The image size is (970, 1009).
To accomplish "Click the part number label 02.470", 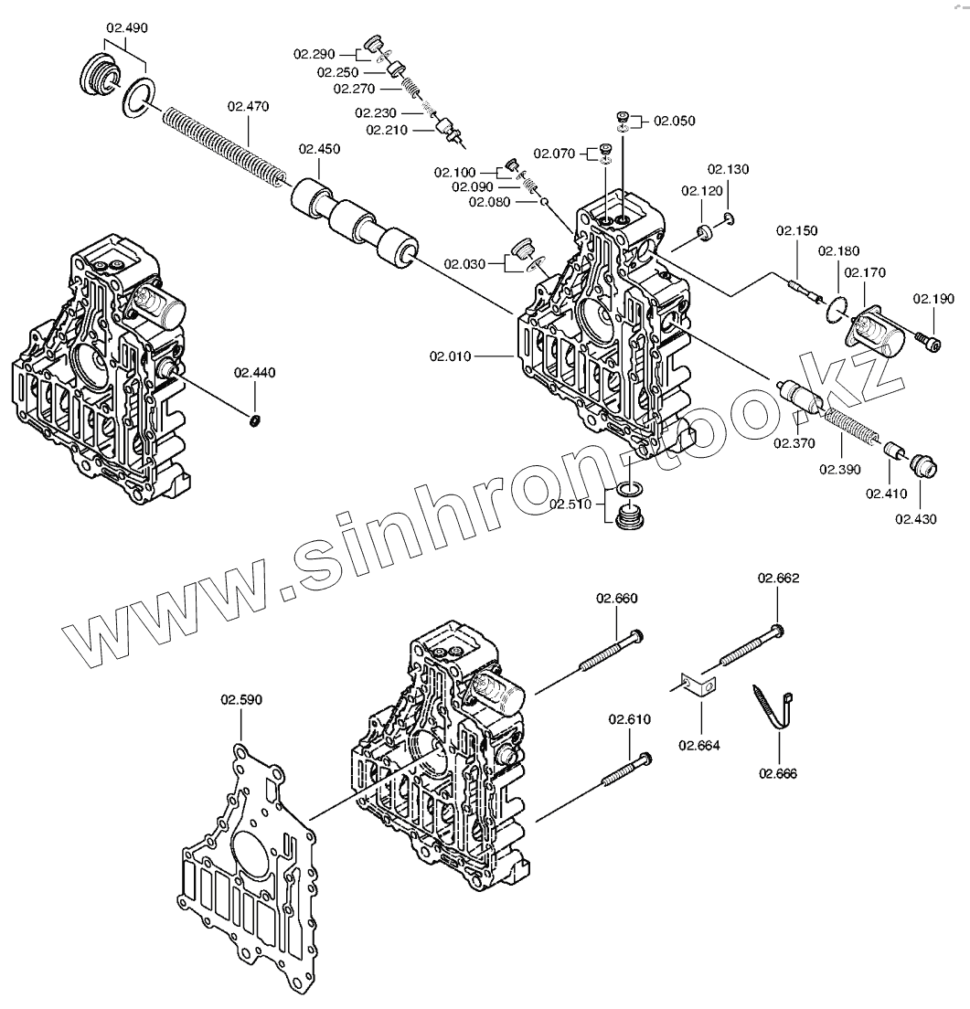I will point(248,107).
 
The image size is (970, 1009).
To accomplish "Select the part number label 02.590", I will point(240,701).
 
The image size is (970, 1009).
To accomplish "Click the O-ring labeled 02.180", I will point(833,311).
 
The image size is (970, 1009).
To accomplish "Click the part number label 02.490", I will point(126,28).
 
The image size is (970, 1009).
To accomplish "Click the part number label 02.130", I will point(728,170).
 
